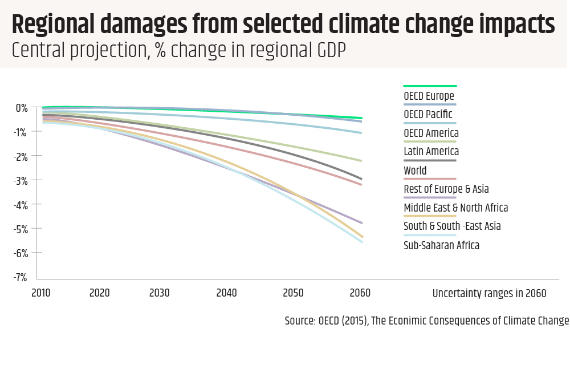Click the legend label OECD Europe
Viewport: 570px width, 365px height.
[x=429, y=96]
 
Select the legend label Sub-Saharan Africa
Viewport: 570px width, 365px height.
[x=441, y=245]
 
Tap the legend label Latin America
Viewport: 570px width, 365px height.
[x=431, y=152]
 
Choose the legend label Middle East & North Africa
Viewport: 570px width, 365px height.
[x=455, y=208]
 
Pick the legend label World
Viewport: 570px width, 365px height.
[x=415, y=171]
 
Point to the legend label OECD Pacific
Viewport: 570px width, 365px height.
[x=427, y=115]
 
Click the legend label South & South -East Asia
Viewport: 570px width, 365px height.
[x=452, y=226]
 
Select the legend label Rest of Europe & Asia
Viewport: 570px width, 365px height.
[x=446, y=189]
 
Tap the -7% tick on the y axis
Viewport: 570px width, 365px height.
[x=22, y=278]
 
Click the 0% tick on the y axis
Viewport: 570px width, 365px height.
[x=22, y=108]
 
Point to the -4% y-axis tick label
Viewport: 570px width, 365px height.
[x=22, y=205]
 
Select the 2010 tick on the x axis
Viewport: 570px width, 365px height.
[x=41, y=293]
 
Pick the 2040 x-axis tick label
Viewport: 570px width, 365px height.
[x=227, y=293]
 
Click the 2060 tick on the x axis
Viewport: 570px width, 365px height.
[x=360, y=293]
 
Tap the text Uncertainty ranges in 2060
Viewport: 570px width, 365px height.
[x=489, y=294]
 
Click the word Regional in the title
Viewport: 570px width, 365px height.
[x=53, y=25]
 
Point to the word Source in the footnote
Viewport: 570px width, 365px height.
[x=299, y=321]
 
